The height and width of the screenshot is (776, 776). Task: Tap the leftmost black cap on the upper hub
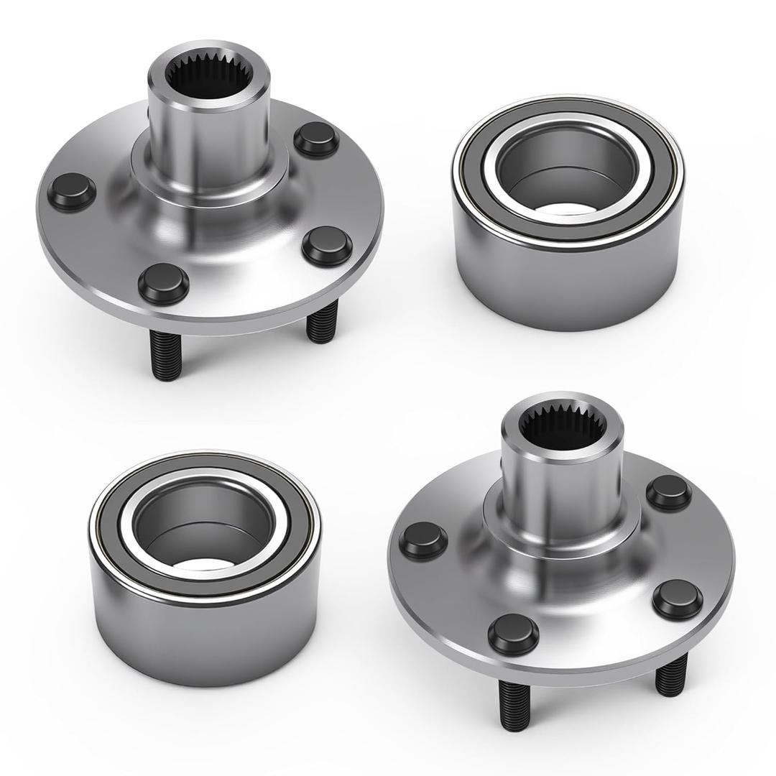click(x=71, y=191)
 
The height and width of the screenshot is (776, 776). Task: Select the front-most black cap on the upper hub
click(x=163, y=282)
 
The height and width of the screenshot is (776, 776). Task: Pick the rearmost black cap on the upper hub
click(x=316, y=139)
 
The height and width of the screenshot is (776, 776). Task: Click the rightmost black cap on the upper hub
click(x=327, y=245)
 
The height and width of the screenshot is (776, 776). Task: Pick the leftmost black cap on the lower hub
click(x=422, y=540)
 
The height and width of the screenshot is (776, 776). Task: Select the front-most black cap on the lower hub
click(x=513, y=634)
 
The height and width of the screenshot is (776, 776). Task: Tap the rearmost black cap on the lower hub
click(x=668, y=492)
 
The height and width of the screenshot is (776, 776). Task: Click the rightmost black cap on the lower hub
click(x=678, y=599)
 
